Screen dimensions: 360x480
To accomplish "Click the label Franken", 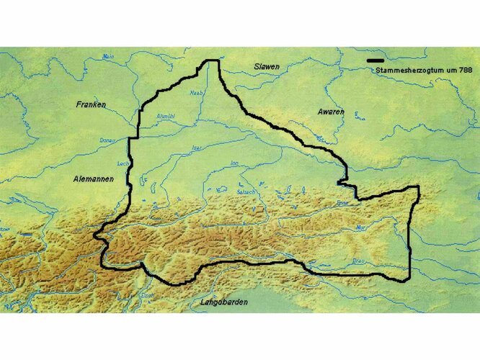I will pos(91,104).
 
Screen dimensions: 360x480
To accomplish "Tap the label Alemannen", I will pos(94,178).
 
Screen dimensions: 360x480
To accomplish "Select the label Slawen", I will pos(266,66).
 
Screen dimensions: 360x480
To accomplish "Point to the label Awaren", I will pos(331,112).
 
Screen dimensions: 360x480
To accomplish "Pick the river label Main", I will pos(109,56).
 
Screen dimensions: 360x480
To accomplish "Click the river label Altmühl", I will pos(166,116).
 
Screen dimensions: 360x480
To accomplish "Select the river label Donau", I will pos(107,140).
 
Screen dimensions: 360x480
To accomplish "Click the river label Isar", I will pos(197,148).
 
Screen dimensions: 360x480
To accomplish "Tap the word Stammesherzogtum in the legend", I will pos(406,71).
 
